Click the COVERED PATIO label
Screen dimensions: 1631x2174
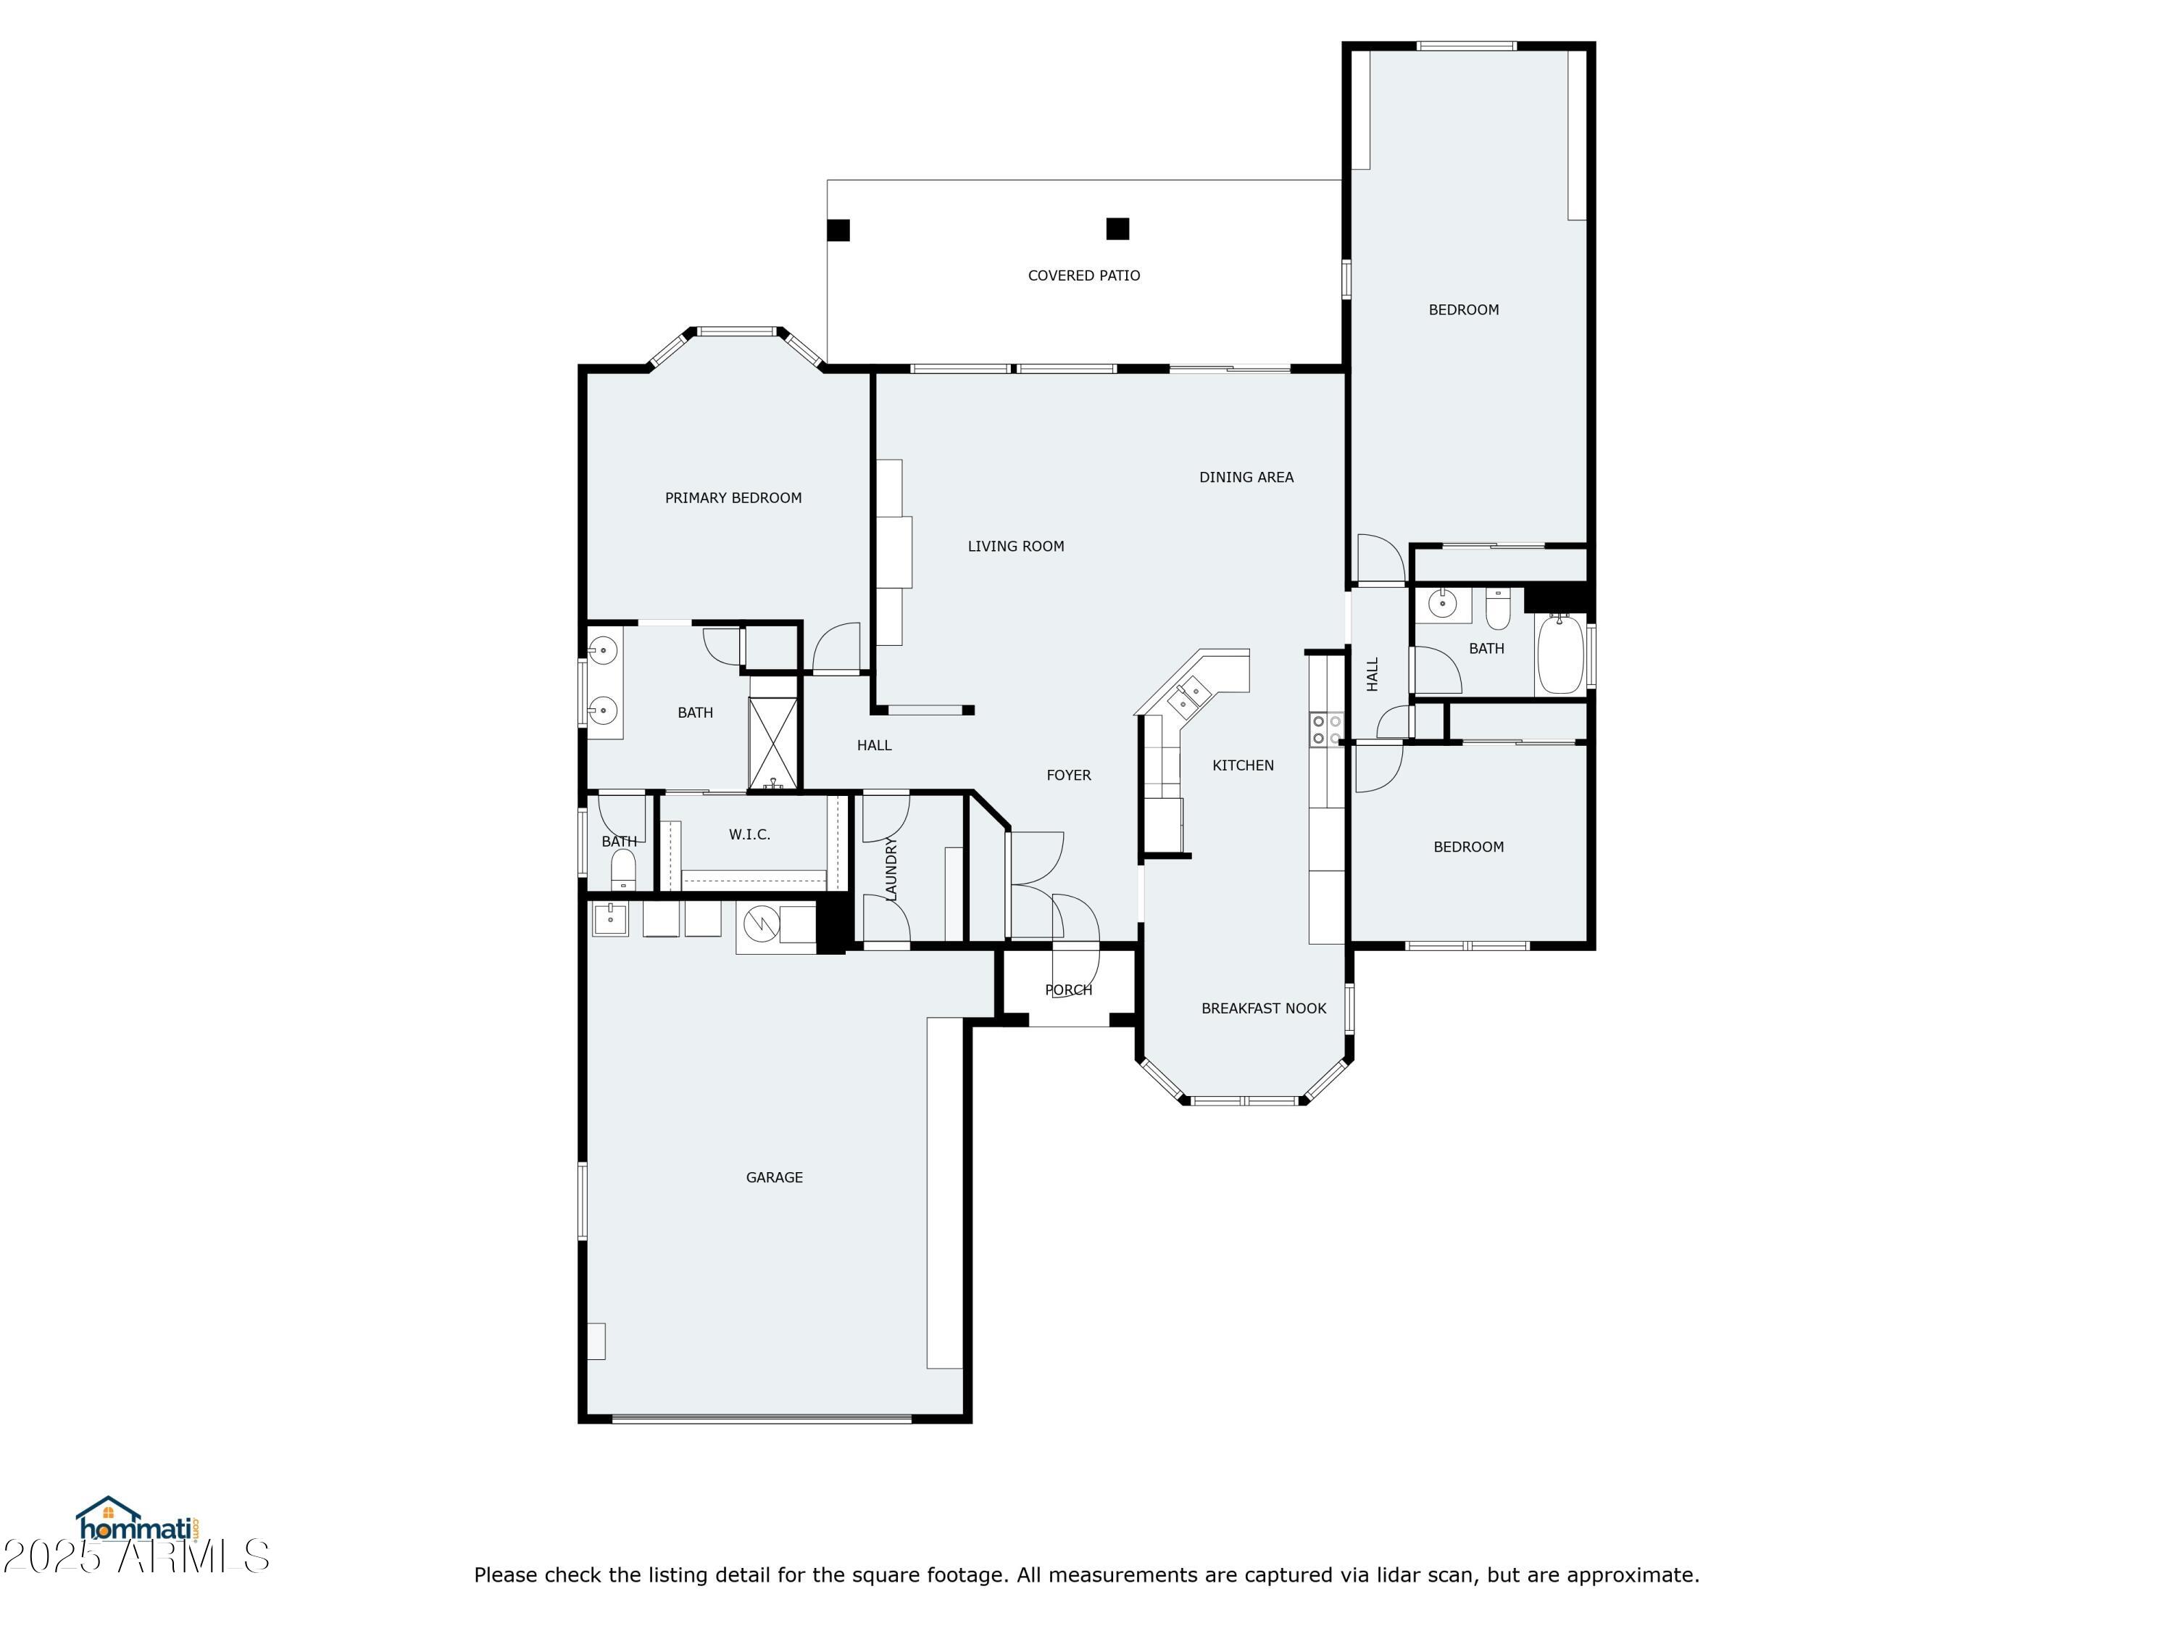[1083, 275]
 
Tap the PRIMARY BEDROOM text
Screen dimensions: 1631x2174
[733, 497]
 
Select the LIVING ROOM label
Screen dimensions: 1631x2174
[1015, 546]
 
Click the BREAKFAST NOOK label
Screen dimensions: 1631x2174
[1263, 1008]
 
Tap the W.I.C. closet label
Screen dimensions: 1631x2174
[749, 834]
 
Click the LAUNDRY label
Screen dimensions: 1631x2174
[891, 868]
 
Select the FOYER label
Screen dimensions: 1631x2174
[1068, 775]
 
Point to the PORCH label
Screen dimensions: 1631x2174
[1068, 989]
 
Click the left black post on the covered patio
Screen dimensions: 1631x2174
[838, 230]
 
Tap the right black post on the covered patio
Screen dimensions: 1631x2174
[1117, 229]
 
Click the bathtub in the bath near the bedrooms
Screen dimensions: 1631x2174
[1559, 654]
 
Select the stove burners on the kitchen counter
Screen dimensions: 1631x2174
[1325, 729]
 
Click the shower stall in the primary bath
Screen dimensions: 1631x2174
[772, 742]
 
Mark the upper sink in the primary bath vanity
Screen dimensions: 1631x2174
[604, 649]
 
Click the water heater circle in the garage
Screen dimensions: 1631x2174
[761, 924]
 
